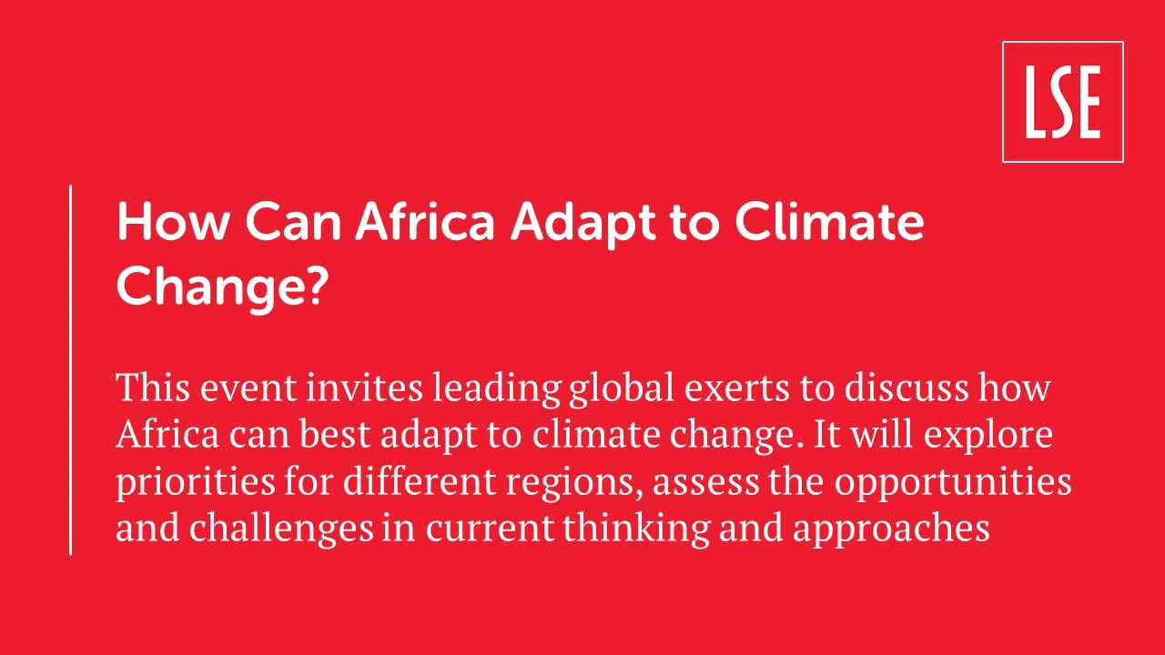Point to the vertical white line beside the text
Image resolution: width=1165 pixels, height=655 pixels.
pos(70,369)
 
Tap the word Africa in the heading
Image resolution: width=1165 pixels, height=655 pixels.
pos(424,222)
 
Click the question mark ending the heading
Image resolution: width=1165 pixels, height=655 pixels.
pos(316,286)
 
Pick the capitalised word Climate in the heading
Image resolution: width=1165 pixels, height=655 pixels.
pos(829,222)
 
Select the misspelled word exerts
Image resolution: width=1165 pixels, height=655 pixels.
pos(737,388)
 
